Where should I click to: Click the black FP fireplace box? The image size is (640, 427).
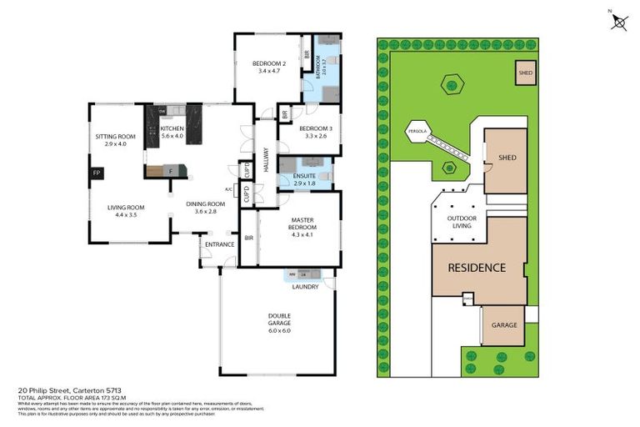tap(96, 174)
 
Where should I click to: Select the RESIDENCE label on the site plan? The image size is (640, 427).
tap(477, 268)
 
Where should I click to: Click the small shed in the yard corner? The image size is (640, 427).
tap(525, 73)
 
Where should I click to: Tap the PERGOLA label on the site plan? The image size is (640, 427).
tap(417, 132)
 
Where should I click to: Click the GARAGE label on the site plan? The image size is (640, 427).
tap(503, 325)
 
